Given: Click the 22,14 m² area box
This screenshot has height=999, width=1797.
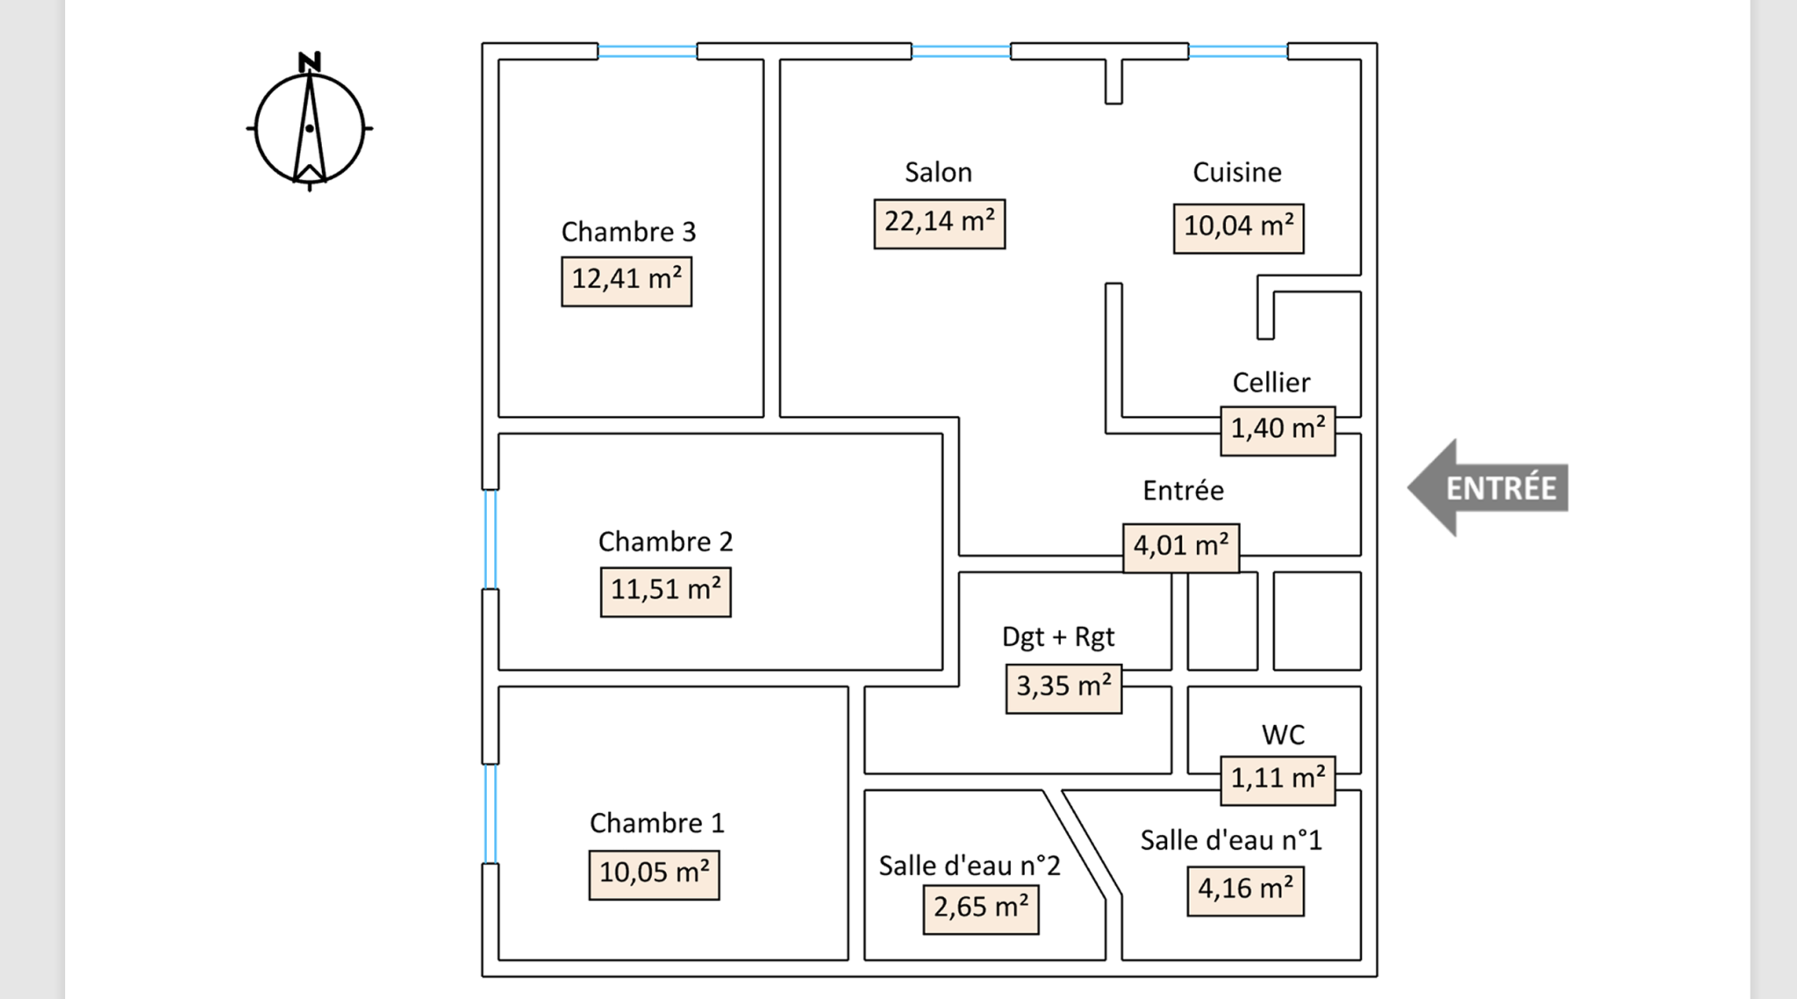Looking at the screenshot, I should tap(939, 223).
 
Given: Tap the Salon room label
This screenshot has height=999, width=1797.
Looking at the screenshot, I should tap(938, 172).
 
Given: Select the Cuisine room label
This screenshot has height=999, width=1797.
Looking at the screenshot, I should tap(1236, 172).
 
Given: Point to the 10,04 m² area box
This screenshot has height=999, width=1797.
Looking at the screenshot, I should tap(1238, 227).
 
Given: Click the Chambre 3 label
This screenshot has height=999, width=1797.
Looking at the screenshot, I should tap(627, 232).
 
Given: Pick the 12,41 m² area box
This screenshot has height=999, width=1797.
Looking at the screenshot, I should tap(626, 280).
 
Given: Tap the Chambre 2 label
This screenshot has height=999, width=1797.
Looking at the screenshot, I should tap(665, 542).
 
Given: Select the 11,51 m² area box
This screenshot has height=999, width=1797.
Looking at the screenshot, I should tap(665, 591).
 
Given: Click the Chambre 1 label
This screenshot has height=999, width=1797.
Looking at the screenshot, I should tap(656, 823).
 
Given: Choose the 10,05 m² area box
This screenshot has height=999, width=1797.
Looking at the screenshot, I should tap(654, 874).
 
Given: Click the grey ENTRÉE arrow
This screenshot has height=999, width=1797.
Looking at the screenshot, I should tap(1489, 488).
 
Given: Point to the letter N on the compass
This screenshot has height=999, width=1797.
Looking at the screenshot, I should tap(309, 62).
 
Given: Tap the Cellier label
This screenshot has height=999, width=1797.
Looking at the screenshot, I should tap(1271, 383).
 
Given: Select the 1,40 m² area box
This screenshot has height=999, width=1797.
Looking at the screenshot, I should tap(1278, 430).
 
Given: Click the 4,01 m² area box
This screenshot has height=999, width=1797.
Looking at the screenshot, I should tap(1180, 547).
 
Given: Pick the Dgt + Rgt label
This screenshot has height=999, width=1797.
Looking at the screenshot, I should tap(1058, 636).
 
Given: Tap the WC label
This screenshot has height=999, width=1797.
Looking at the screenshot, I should tap(1283, 735).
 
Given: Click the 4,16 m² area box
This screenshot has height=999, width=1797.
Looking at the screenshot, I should tap(1245, 890).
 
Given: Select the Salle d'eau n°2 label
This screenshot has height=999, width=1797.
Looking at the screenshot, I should tap(970, 866).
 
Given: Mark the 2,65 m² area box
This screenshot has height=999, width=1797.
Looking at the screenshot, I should tap(981, 909).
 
